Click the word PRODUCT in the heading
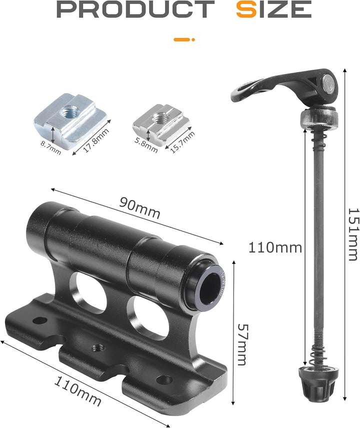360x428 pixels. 135,9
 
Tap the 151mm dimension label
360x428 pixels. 353,234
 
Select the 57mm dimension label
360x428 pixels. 242,344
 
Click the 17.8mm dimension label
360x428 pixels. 96,140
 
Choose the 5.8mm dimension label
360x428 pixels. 146,145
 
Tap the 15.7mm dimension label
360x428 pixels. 182,142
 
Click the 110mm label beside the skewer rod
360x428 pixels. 275,248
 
